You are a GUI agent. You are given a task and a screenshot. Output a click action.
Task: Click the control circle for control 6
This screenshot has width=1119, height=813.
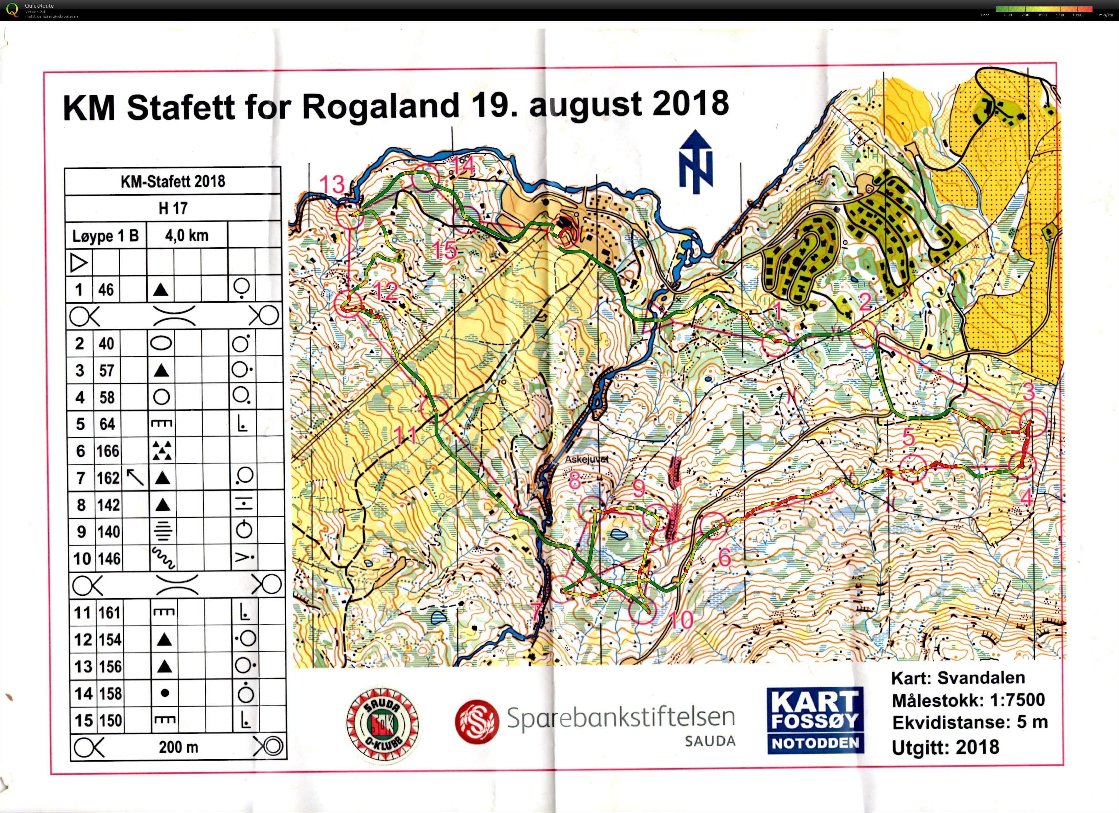pos(714,525)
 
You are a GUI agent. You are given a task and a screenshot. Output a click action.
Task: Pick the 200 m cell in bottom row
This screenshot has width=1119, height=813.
pos(178,747)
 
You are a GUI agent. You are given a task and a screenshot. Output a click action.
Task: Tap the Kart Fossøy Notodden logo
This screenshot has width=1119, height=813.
pos(815,721)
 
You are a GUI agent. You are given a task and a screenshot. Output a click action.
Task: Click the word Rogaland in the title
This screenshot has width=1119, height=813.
pos(380,106)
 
